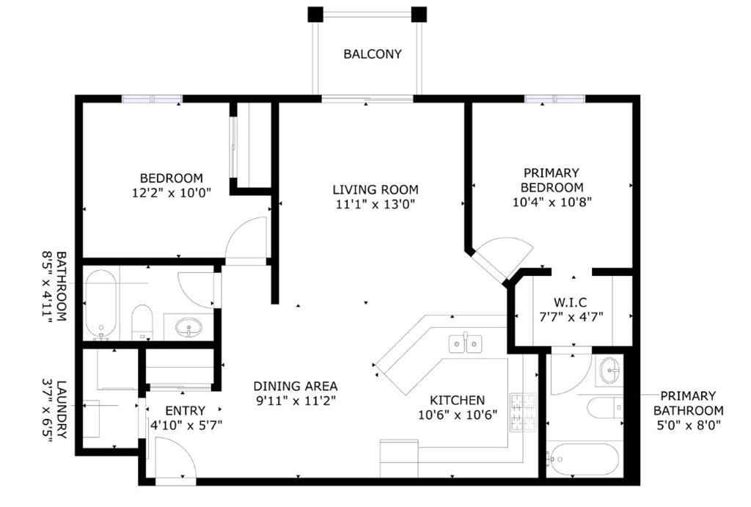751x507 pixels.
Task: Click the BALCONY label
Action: point(373,54)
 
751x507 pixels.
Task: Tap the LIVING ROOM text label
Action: point(375,190)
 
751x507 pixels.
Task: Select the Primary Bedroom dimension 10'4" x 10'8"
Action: point(552,200)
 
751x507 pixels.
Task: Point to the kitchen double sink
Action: point(464,343)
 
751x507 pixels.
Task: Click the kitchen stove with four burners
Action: point(521,412)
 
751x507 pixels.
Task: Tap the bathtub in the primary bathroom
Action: point(584,459)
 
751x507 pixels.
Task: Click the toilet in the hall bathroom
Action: point(142,321)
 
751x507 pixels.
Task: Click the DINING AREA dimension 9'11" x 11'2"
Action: point(296,401)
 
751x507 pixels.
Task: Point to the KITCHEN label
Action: point(457,400)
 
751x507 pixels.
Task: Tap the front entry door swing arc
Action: point(177,457)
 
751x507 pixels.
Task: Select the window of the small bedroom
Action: point(152,99)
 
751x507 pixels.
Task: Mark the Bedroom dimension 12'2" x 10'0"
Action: point(172,192)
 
